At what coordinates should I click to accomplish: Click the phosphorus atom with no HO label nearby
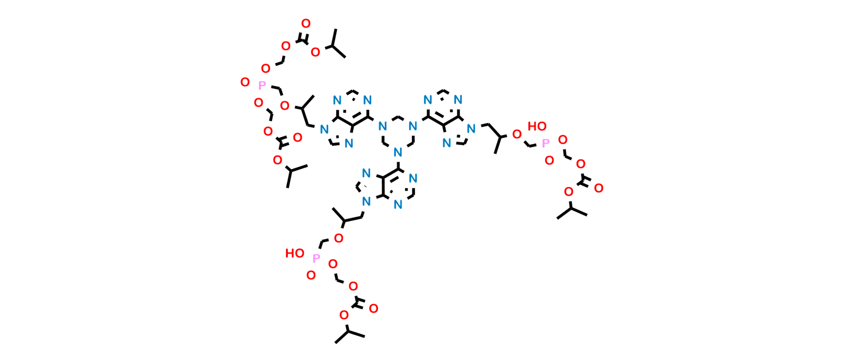[262, 86]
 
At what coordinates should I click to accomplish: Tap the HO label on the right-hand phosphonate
[537, 127]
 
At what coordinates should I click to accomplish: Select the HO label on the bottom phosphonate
[295, 254]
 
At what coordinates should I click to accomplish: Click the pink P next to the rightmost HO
[545, 144]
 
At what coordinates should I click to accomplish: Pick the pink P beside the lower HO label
[316, 258]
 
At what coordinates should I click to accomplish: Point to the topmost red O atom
[306, 23]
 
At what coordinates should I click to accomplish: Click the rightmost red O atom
[599, 188]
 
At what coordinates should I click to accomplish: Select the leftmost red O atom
[245, 82]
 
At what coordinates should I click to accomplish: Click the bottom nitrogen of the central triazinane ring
[398, 151]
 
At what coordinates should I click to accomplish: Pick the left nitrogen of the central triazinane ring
[383, 126]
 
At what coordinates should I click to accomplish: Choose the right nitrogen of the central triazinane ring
[412, 126]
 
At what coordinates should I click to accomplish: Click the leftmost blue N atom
[324, 129]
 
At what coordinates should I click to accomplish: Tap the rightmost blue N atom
[471, 128]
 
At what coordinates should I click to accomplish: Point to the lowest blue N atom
[398, 205]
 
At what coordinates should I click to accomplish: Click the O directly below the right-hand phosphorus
[549, 161]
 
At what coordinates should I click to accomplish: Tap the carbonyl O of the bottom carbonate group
[373, 308]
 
